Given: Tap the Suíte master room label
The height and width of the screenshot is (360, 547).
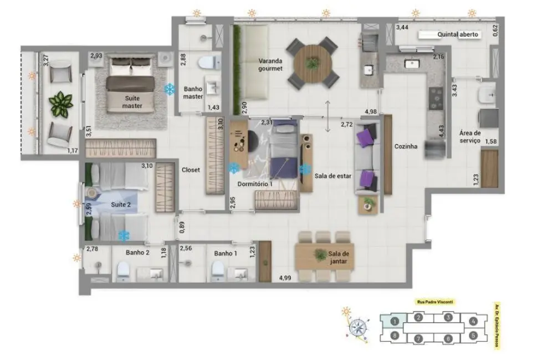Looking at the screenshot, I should (x=132, y=102).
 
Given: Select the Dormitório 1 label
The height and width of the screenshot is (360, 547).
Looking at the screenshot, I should (x=255, y=183).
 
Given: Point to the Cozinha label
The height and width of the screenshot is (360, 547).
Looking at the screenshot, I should (x=405, y=147).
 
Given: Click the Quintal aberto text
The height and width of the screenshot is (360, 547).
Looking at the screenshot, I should (x=458, y=35).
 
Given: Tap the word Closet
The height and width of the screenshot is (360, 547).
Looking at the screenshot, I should (x=191, y=171).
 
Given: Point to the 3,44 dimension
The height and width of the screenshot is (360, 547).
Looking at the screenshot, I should (x=403, y=27).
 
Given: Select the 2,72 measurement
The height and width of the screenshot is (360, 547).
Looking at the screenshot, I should (x=347, y=124).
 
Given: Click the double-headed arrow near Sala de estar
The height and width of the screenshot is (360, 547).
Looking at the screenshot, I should (x=328, y=116).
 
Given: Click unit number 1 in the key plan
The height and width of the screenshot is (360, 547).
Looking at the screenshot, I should (x=394, y=320).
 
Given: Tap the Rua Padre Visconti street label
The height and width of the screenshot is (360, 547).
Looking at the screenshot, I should (x=436, y=302).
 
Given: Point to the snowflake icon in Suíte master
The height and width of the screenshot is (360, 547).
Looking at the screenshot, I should (x=170, y=89).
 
